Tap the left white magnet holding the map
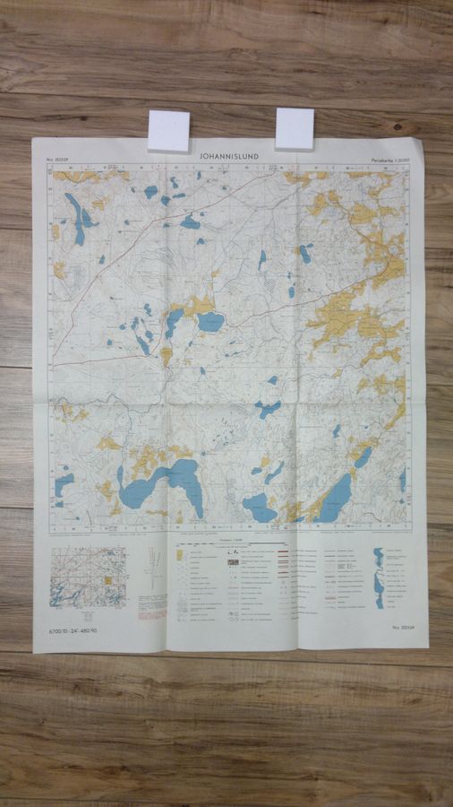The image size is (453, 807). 168,130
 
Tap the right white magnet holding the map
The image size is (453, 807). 295,127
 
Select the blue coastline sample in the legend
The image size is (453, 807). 379,574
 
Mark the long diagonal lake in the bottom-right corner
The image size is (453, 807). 336,499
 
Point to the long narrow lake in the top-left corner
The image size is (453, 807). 76,218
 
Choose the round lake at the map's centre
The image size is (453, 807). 210,322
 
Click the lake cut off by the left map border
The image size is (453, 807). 63,485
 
